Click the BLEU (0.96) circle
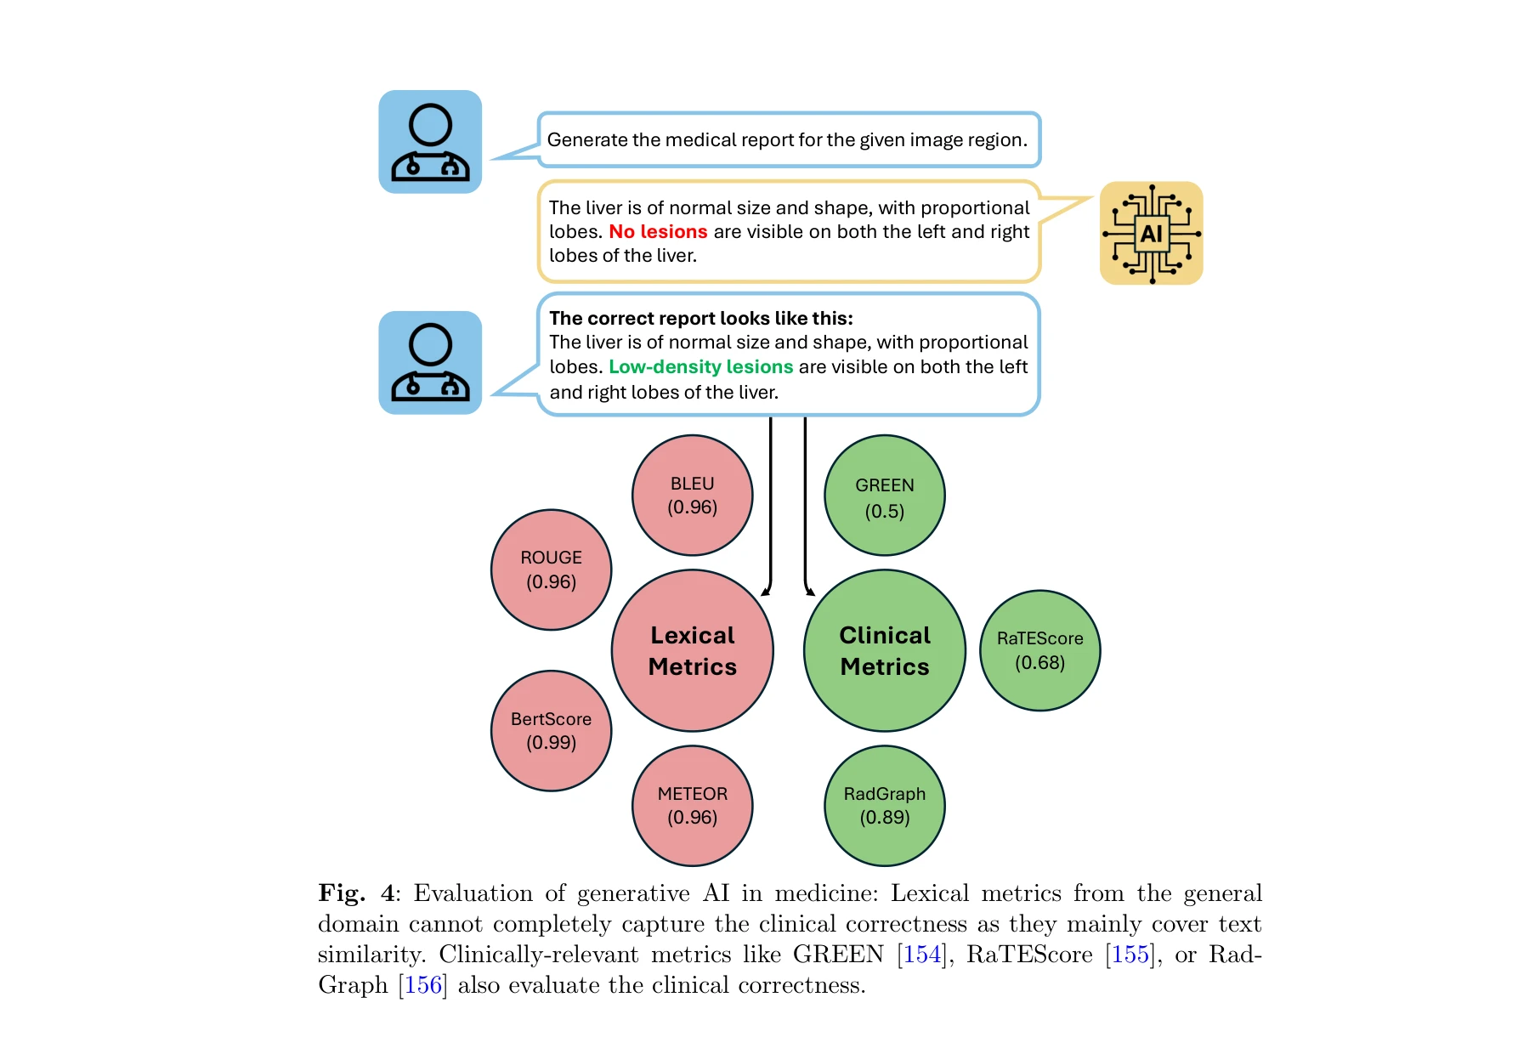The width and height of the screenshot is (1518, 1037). pyautogui.click(x=692, y=496)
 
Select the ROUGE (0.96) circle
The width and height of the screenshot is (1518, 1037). pyautogui.click(x=551, y=569)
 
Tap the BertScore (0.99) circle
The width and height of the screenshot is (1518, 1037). pyautogui.click(x=551, y=731)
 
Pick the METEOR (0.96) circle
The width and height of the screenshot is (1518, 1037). pyautogui.click(x=692, y=806)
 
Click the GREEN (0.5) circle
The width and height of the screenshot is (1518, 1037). pyautogui.click(x=884, y=496)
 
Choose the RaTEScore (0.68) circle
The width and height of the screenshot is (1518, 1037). pyautogui.click(x=1039, y=650)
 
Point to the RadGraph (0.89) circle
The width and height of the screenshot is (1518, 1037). pyautogui.click(x=884, y=806)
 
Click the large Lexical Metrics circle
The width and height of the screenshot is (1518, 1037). pyautogui.click(x=692, y=650)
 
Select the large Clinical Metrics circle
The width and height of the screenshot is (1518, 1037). pyautogui.click(x=884, y=650)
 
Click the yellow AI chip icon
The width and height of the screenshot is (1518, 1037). pyautogui.click(x=1151, y=233)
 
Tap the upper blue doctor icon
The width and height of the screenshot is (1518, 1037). pyautogui.click(x=430, y=142)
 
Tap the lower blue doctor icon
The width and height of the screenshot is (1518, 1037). pyautogui.click(x=430, y=363)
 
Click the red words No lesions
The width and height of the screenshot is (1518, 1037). pyautogui.click(x=658, y=232)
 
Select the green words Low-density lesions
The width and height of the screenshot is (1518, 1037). pyautogui.click(x=700, y=367)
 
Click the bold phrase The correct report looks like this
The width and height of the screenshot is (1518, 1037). pyautogui.click(x=700, y=319)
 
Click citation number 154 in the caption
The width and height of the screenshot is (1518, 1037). pyautogui.click(x=922, y=955)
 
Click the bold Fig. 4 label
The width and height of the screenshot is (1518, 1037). pyautogui.click(x=356, y=893)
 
